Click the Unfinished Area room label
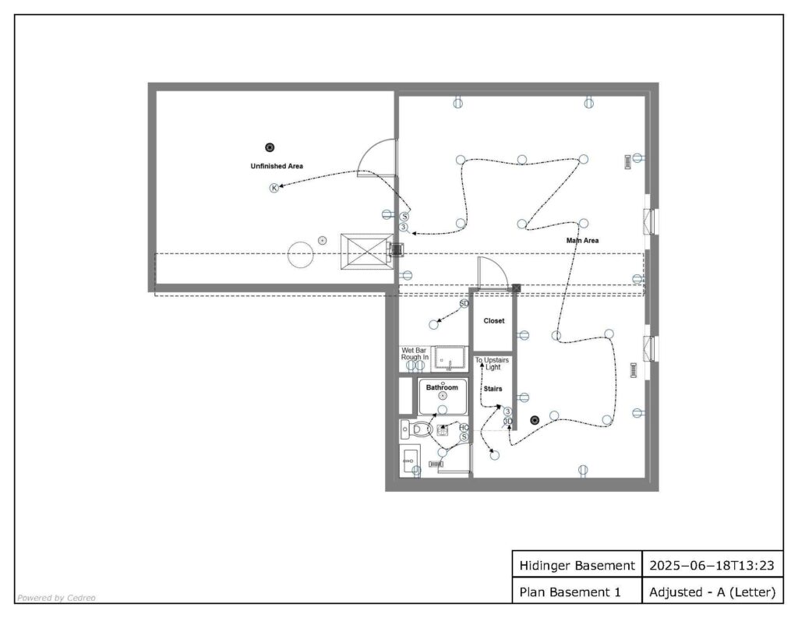pos(277,166)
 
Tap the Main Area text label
pos(582,240)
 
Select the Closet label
pos(493,321)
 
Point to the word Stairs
pos(493,388)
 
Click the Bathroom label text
pos(442,387)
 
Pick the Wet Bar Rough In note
pos(415,354)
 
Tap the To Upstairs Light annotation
pos(493,363)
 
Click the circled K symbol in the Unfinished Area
pos(274,189)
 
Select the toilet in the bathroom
pos(417,429)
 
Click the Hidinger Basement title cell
pos(577,566)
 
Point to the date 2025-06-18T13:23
pos(712,566)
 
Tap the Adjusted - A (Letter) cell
pos(712,592)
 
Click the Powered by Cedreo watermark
pos(56,598)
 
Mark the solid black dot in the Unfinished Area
pos(270,147)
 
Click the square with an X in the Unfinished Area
pos(366,252)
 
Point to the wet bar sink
pos(450,358)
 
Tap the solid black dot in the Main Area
pos(535,420)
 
